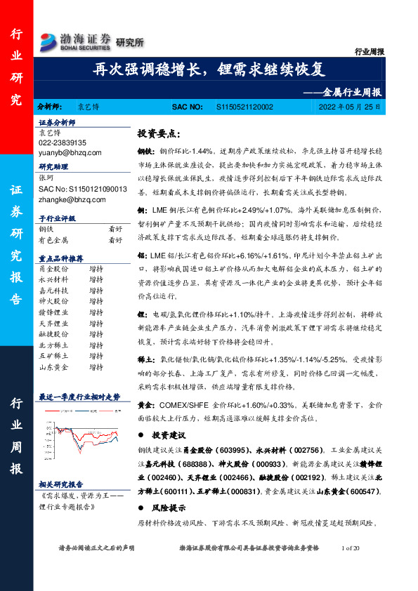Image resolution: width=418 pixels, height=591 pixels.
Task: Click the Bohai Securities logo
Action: [x=76, y=40]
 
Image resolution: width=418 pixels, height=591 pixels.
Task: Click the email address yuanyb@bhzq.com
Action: [x=70, y=152]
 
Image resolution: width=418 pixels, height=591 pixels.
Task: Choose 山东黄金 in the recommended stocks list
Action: [x=53, y=366]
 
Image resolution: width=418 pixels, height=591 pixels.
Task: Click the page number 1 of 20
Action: [x=349, y=547]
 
